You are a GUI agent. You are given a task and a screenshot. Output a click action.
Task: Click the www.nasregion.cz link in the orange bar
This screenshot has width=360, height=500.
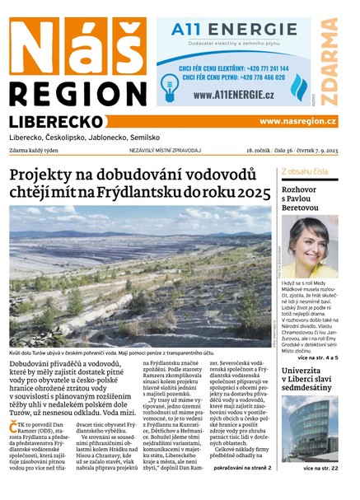(297, 121)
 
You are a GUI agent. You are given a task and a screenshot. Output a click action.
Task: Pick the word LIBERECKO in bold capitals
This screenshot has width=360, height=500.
(55, 121)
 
